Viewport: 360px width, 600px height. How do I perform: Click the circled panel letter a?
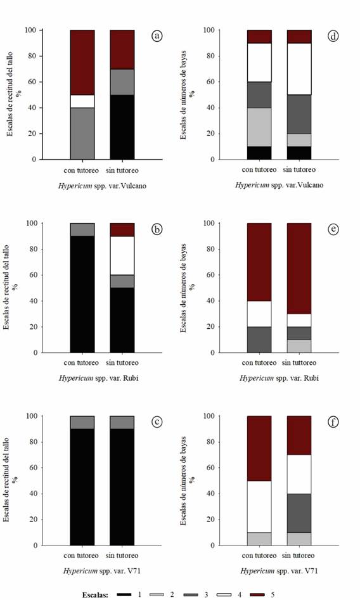(157, 36)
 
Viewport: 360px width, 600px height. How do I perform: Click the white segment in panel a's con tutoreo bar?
(82, 101)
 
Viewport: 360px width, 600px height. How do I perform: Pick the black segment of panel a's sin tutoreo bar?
(122, 127)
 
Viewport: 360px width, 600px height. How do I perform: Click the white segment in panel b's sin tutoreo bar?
(122, 255)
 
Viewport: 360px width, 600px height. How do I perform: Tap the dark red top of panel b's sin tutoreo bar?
(122, 229)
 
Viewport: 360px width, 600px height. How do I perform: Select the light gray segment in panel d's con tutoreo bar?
(259, 127)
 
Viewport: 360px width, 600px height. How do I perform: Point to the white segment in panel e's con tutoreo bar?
(259, 314)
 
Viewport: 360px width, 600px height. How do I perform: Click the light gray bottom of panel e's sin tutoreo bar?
(299, 346)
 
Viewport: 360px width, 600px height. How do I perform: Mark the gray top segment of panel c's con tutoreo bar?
(82, 422)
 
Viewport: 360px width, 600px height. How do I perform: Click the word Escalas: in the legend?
(98, 595)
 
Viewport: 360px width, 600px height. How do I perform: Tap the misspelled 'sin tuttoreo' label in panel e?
(299, 363)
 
